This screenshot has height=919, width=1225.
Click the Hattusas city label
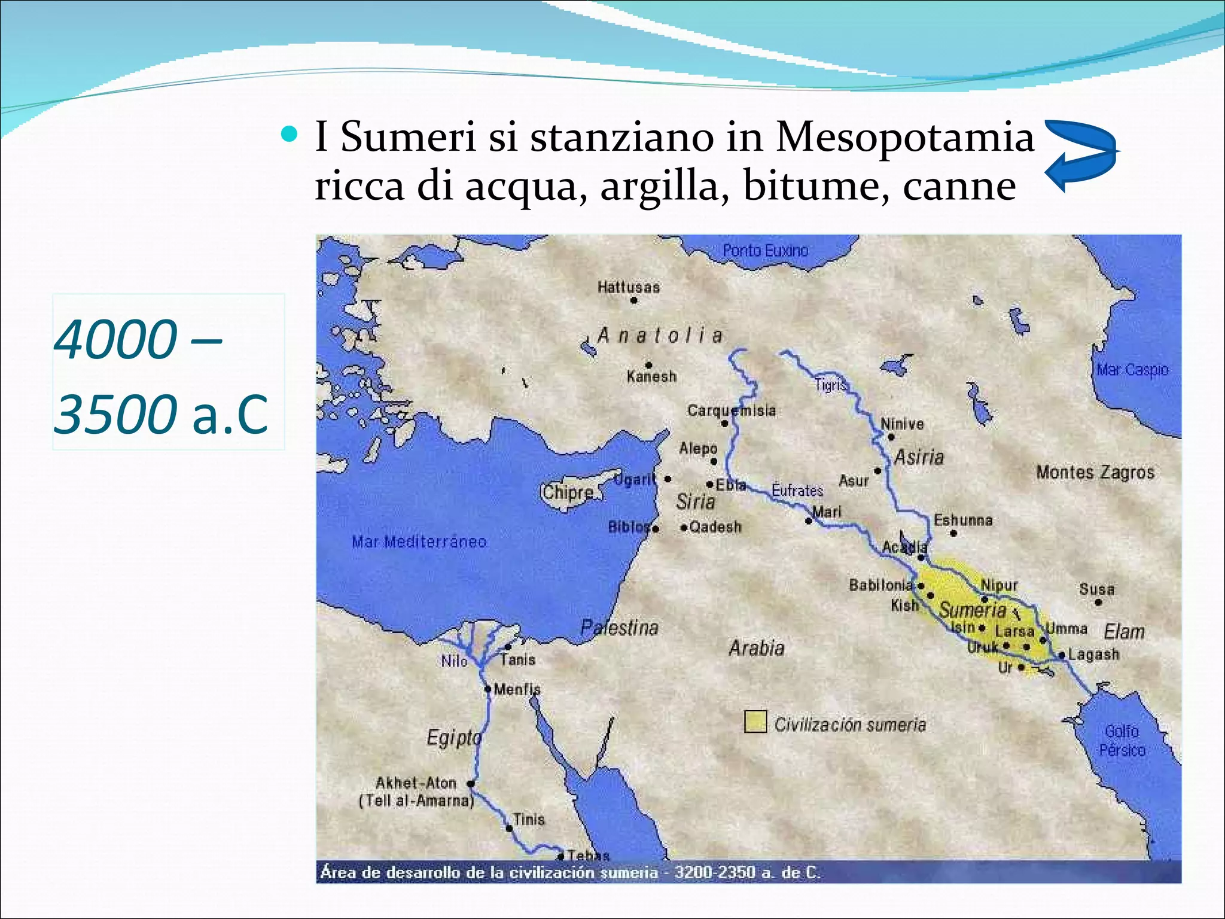[x=629, y=287]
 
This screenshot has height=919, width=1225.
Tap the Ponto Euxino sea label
[x=765, y=250]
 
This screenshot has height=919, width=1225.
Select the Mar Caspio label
[x=1132, y=370]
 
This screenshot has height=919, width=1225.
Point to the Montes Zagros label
[x=1095, y=472]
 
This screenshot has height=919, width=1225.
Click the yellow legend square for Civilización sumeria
[x=755, y=722]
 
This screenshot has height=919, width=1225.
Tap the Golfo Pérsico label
[x=1122, y=741]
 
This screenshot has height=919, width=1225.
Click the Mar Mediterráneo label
[x=419, y=542]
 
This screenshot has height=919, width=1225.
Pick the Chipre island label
[x=568, y=492]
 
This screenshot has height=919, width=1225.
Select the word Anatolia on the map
[x=660, y=335]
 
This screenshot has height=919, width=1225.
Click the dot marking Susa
[x=1098, y=602]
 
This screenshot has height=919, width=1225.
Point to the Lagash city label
[x=1093, y=654]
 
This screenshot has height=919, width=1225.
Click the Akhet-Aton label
[x=416, y=783]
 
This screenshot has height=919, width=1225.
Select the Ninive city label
[x=902, y=424]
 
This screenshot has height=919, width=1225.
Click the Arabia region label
[x=756, y=648]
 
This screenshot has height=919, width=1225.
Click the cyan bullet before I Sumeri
[x=289, y=134]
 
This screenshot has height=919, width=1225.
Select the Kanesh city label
[x=651, y=377]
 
